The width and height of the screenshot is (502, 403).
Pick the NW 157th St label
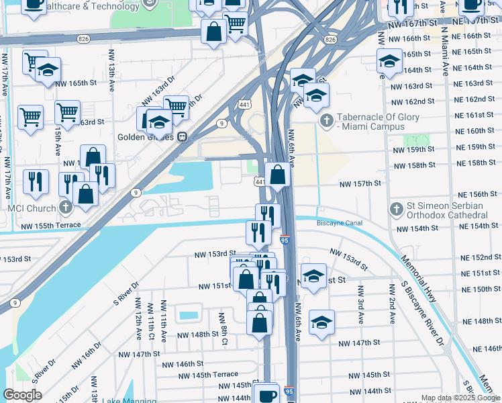pyautogui.click(x=360, y=183)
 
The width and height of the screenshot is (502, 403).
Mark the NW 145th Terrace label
pyautogui.click(x=207, y=374)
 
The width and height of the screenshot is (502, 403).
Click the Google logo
pyautogui.click(x=22, y=395)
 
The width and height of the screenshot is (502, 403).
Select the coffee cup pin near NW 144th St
pyautogui.click(x=266, y=394)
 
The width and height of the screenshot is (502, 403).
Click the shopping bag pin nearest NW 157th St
pyautogui.click(x=277, y=176)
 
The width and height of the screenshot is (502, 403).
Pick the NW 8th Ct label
pyautogui.click(x=224, y=323)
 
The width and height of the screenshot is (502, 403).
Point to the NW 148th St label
pyautogui.click(x=197, y=334)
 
